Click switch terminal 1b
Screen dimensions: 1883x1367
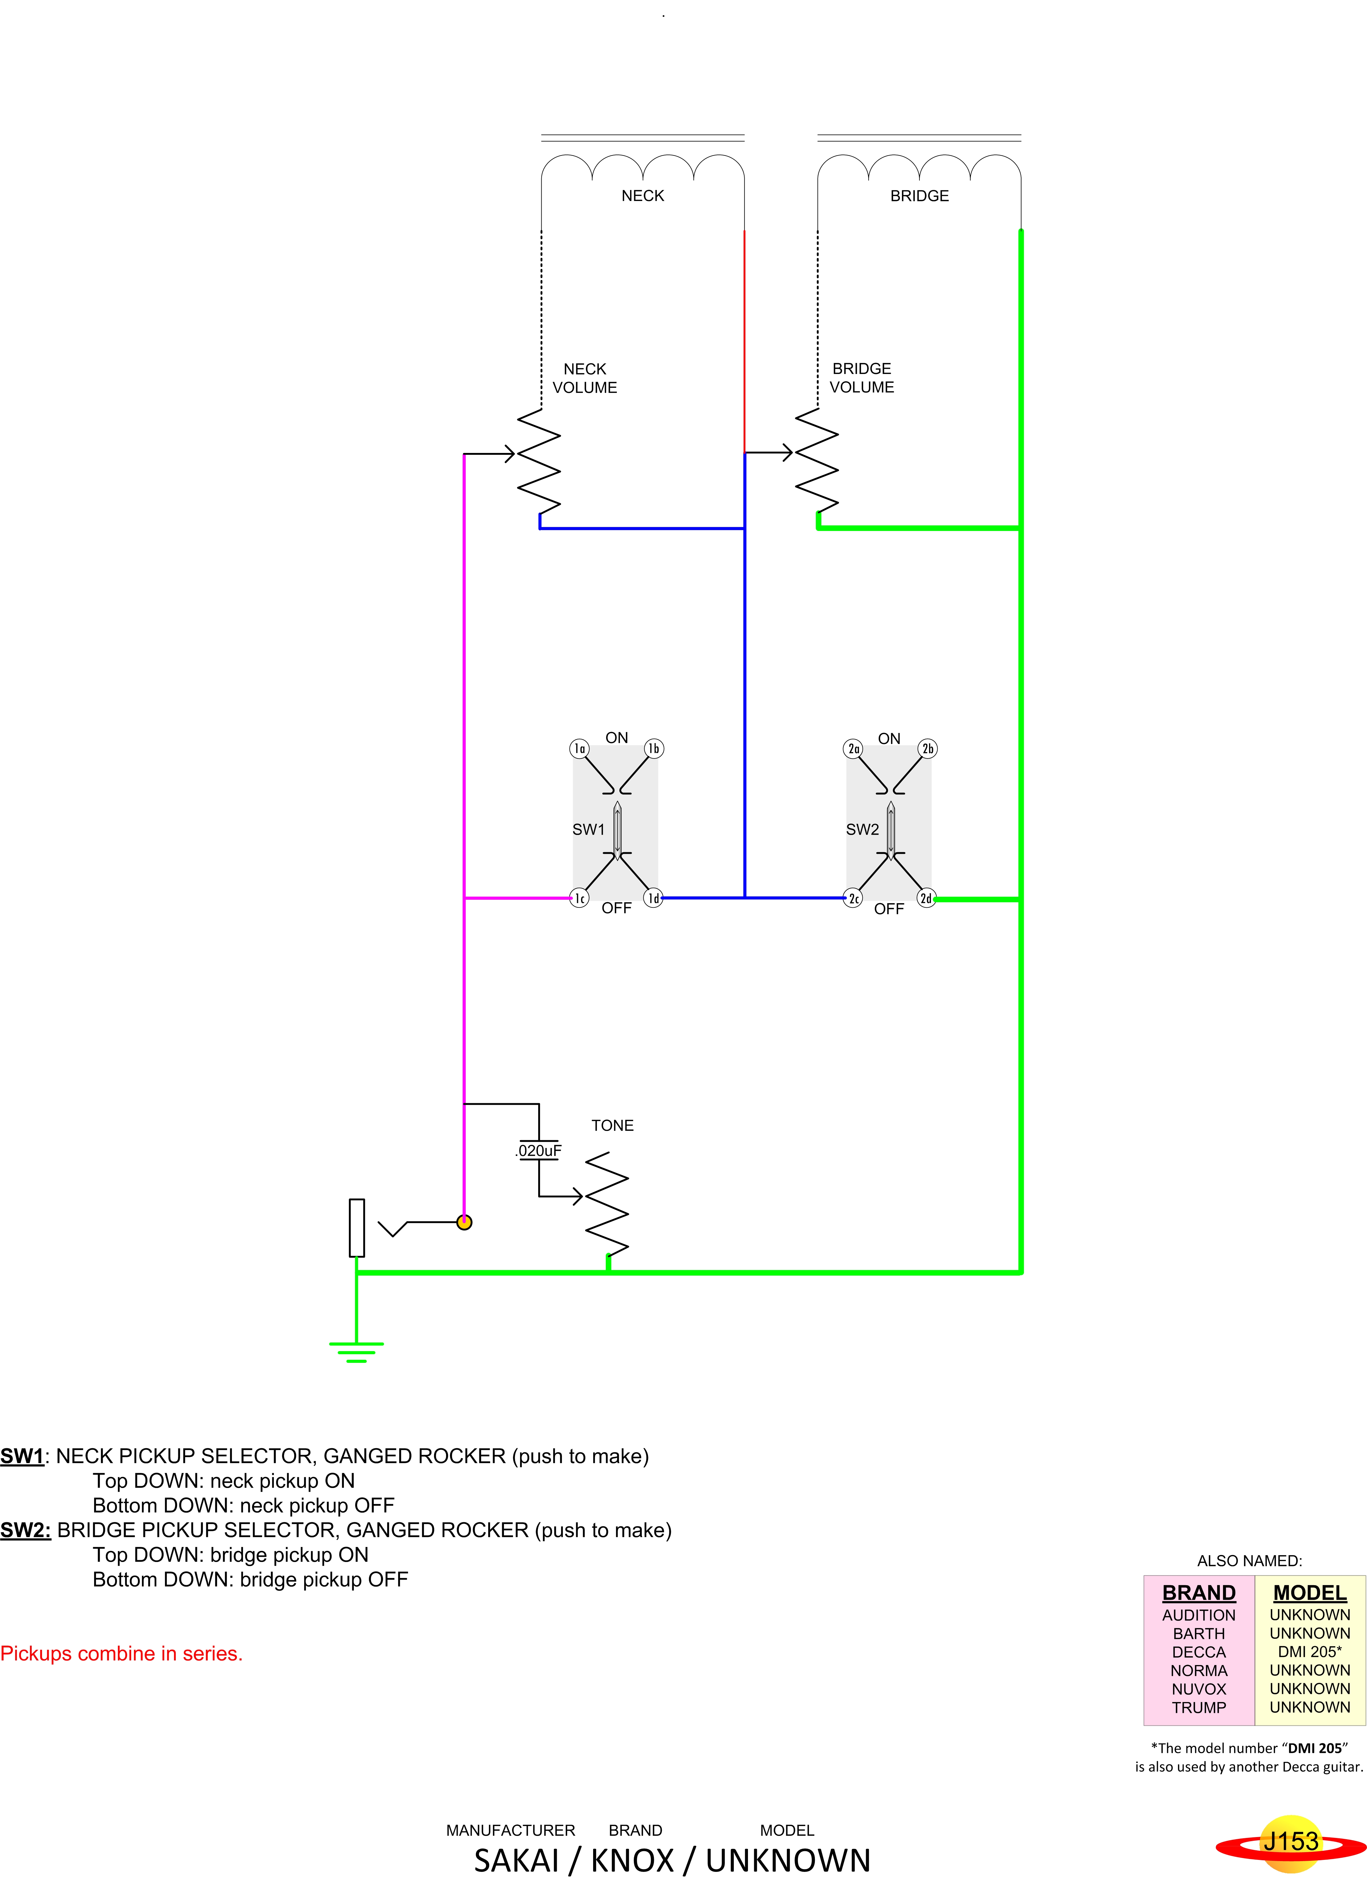tap(654, 749)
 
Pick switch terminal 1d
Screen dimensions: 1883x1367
tap(654, 898)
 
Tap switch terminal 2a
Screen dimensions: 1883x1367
tap(853, 749)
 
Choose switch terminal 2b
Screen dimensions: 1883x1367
tap(927, 749)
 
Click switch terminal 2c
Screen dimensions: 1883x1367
tap(853, 898)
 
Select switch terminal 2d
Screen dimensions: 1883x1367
tap(926, 898)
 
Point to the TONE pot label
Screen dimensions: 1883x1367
tap(612, 1126)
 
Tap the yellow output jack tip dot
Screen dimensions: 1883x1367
tap(464, 1222)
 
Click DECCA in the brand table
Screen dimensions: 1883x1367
tap(1198, 1652)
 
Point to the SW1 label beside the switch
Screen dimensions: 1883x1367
tap(588, 829)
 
